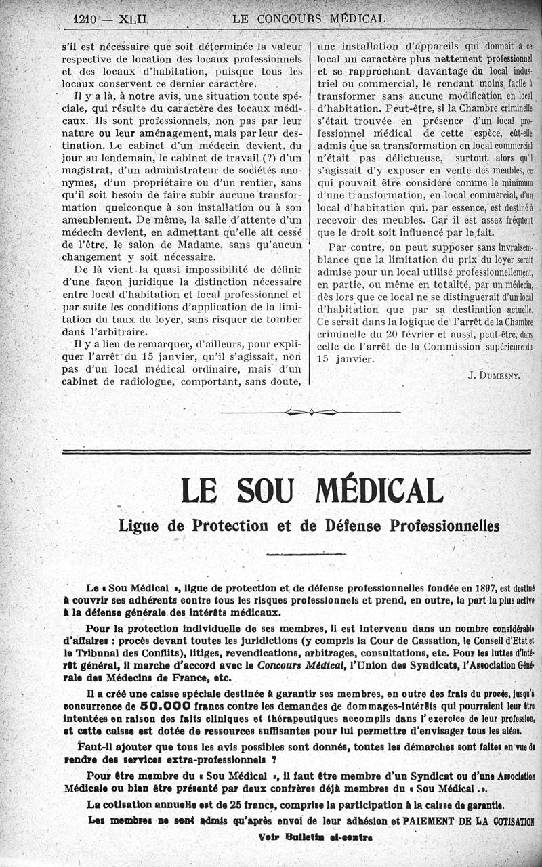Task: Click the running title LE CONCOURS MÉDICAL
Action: click(308, 19)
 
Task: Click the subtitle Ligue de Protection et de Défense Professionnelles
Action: click(308, 525)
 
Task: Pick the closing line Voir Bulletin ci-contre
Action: click(316, 837)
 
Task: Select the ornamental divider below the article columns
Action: click(311, 411)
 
